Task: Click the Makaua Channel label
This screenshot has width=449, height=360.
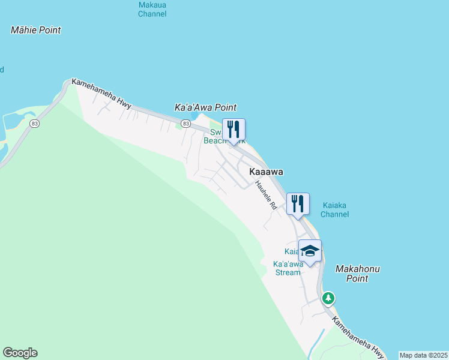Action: coord(152,9)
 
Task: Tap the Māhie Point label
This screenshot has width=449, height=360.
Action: coord(36,30)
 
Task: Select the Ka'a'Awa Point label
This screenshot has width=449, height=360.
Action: coord(205,107)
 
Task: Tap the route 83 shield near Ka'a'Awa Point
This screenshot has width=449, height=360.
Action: coord(186,124)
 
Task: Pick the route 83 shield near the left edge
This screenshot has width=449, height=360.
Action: coord(35,124)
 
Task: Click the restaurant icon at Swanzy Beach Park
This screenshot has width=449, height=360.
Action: coord(234,129)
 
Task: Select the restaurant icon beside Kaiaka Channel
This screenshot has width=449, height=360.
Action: coord(298,203)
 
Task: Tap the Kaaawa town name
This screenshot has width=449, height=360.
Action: coord(266,172)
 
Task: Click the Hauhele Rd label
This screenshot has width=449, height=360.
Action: coord(265,196)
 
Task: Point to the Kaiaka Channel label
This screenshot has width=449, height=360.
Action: coord(334,209)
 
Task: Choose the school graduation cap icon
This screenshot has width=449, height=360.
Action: coord(310,251)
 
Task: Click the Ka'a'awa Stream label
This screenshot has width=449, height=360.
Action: coord(287,268)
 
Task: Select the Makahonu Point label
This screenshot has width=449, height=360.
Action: coord(358,274)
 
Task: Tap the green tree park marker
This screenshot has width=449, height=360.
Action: coord(328,298)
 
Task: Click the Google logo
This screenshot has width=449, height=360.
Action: coord(20,353)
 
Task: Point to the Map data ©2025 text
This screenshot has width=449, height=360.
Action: coord(423,355)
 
